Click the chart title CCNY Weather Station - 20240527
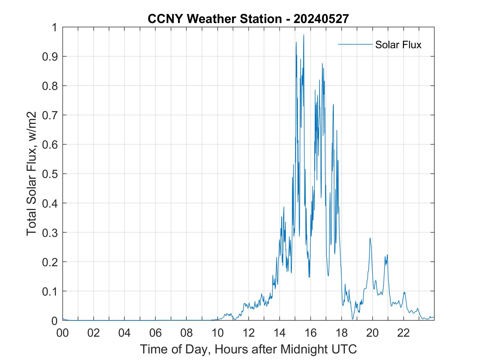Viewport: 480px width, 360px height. click(248, 19)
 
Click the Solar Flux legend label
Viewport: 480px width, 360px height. click(398, 45)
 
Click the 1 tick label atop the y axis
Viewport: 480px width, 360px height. click(55, 27)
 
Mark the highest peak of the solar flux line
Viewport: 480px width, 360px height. click(304, 35)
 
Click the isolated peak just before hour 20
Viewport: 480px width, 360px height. click(370, 238)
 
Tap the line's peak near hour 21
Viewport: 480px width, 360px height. click(387, 255)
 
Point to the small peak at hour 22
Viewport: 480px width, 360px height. click(404, 292)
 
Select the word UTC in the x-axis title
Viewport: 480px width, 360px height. click(345, 349)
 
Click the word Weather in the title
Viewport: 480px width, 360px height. click(213, 19)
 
